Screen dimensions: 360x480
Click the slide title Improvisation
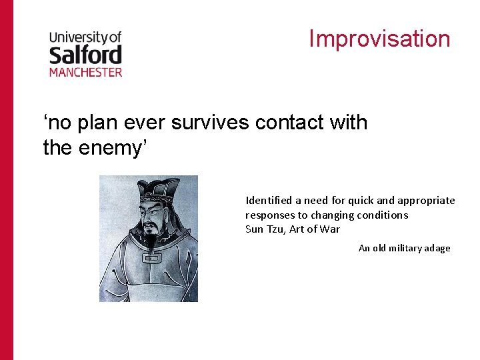tap(379, 39)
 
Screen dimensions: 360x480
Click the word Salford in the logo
tap(85, 54)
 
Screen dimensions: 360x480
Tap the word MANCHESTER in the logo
tap(85, 71)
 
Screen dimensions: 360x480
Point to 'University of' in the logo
tap(85, 37)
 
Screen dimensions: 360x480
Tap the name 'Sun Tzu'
tap(264, 229)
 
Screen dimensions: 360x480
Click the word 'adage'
tap(437, 248)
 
